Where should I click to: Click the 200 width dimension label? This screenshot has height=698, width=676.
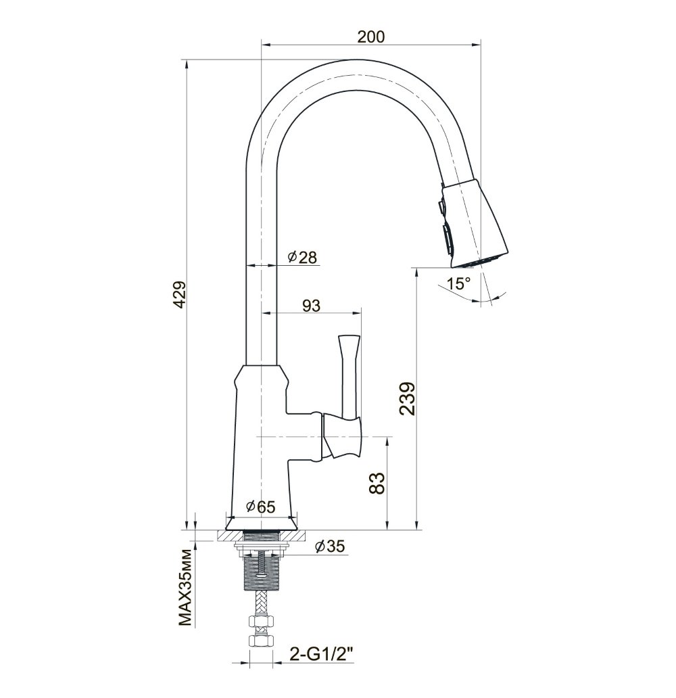pyautogui.click(x=370, y=37)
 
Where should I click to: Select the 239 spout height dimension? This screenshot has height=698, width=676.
pyautogui.click(x=407, y=398)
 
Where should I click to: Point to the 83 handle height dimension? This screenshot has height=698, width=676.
pyautogui.click(x=376, y=483)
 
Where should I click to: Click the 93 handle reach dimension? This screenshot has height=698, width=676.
pyautogui.click(x=311, y=306)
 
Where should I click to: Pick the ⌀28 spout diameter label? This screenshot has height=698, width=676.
pyautogui.click(x=302, y=257)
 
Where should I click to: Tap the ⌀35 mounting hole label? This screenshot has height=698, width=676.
pyautogui.click(x=330, y=546)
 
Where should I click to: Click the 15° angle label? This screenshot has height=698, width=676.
pyautogui.click(x=458, y=283)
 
